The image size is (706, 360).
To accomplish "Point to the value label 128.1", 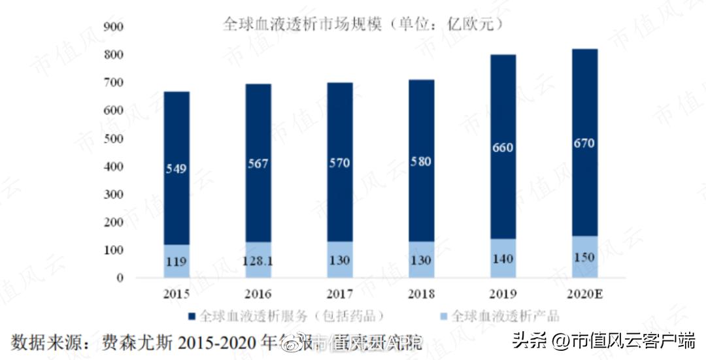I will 258,261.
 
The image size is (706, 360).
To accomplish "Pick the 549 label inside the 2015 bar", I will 176,169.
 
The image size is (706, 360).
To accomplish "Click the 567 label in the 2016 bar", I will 258,164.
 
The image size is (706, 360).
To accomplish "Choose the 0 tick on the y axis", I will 119,278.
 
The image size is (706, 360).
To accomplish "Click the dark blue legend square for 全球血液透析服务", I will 192,316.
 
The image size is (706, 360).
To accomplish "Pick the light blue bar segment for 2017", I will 339,259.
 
